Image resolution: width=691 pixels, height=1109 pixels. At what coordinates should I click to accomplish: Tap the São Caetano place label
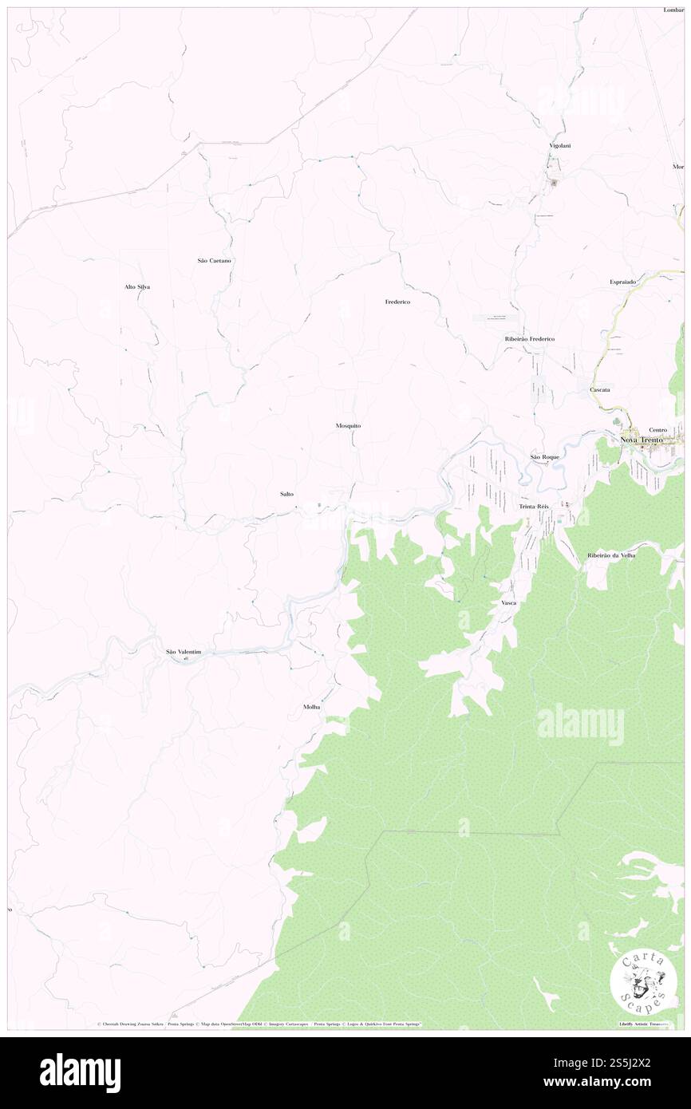tap(214, 261)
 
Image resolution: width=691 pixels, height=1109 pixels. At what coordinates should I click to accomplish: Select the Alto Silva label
tap(137, 286)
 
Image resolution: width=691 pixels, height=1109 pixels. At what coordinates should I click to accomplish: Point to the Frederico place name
tap(397, 302)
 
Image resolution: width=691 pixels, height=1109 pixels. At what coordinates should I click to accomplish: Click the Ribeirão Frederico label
tap(529, 339)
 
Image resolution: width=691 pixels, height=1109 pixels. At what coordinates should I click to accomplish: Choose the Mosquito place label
tap(349, 426)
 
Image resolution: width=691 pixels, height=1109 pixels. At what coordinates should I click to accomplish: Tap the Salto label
tap(286, 494)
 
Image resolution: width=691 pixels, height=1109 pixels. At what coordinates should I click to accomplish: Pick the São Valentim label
tap(183, 652)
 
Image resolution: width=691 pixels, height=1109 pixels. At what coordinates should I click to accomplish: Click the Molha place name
tap(311, 707)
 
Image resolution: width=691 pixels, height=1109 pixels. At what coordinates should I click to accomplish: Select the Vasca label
tap(508, 602)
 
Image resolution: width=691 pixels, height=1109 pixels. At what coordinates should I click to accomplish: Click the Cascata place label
tap(600, 389)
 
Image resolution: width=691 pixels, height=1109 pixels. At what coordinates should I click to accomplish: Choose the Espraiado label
tap(622, 282)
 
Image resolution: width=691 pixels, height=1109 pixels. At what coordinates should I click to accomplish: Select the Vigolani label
tap(559, 145)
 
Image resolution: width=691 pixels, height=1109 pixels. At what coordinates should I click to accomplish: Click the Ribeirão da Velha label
tap(611, 554)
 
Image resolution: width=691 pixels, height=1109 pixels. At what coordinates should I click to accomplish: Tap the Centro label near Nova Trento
tap(657, 429)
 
